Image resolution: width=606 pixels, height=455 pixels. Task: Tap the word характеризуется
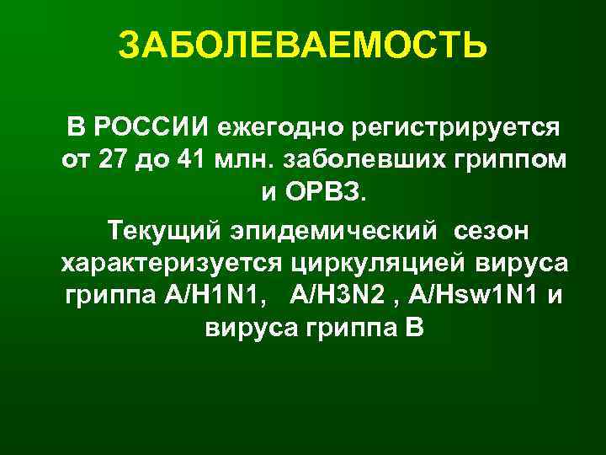tap(171, 262)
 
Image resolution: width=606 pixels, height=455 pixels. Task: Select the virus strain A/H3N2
tap(333, 294)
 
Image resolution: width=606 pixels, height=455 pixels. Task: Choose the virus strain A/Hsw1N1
tap(473, 294)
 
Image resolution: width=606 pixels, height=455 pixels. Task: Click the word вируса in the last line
tap(256, 328)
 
